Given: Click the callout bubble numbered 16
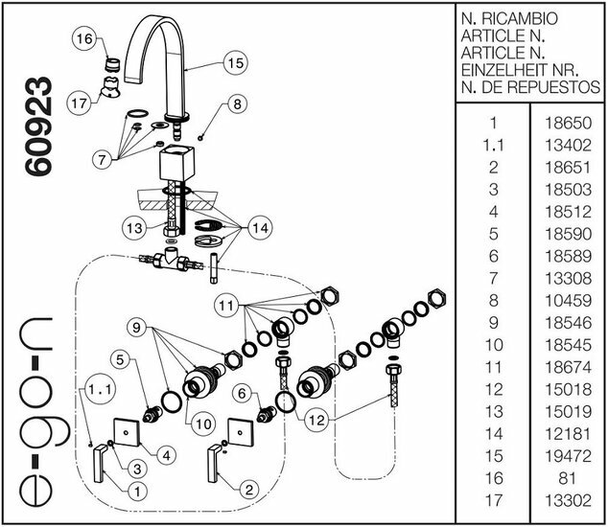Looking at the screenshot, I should pyautogui.click(x=84, y=39).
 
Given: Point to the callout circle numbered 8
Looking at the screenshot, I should pyautogui.click(x=237, y=103).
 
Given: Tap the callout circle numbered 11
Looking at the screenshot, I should pyautogui.click(x=225, y=306).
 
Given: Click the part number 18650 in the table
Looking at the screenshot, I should pyautogui.click(x=569, y=124).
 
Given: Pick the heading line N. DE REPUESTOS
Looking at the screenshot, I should pyautogui.click(x=530, y=86).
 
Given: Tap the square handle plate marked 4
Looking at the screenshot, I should pyautogui.click(x=128, y=433).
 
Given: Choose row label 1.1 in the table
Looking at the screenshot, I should pyautogui.click(x=493, y=146).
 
